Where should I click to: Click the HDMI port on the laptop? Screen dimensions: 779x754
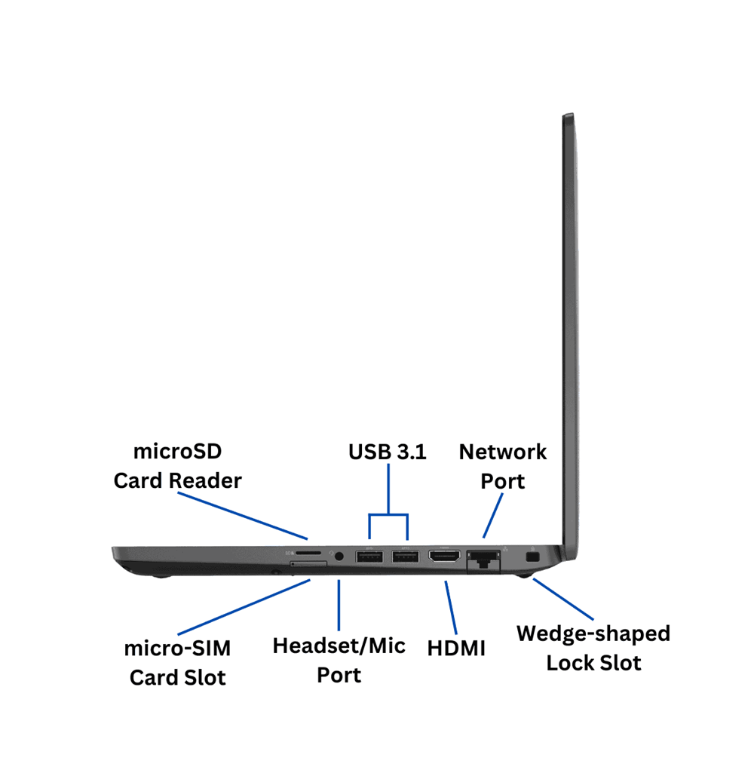click(444, 557)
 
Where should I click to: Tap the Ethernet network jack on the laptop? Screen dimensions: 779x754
click(483, 560)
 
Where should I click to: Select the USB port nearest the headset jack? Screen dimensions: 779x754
click(369, 557)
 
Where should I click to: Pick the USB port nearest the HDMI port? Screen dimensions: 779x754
click(405, 557)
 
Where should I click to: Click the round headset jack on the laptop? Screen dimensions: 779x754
click(339, 556)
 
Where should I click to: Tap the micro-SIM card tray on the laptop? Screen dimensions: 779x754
click(309, 564)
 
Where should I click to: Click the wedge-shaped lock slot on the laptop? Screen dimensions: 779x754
click(532, 557)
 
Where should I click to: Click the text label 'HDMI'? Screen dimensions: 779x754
click(456, 648)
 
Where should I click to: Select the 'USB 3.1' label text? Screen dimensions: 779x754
click(387, 452)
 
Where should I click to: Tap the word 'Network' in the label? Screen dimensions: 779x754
click(503, 452)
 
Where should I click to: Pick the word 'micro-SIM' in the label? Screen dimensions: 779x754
click(177, 648)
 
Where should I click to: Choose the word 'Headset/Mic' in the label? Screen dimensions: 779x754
click(339, 646)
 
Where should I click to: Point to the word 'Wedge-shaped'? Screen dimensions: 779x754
click(593, 633)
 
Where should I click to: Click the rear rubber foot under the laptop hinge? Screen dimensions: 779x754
click(523, 577)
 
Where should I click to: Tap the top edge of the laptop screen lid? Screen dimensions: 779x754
click(568, 115)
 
